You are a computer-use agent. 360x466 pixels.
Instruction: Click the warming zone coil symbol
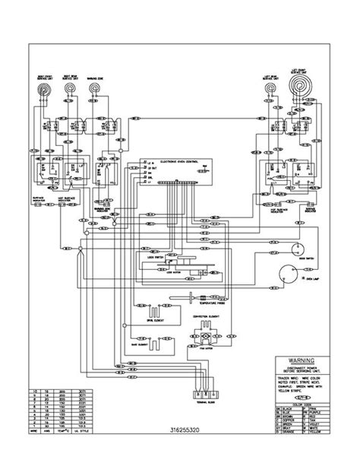pos(94,90)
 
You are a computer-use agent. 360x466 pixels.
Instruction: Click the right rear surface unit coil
pos(69,90)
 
